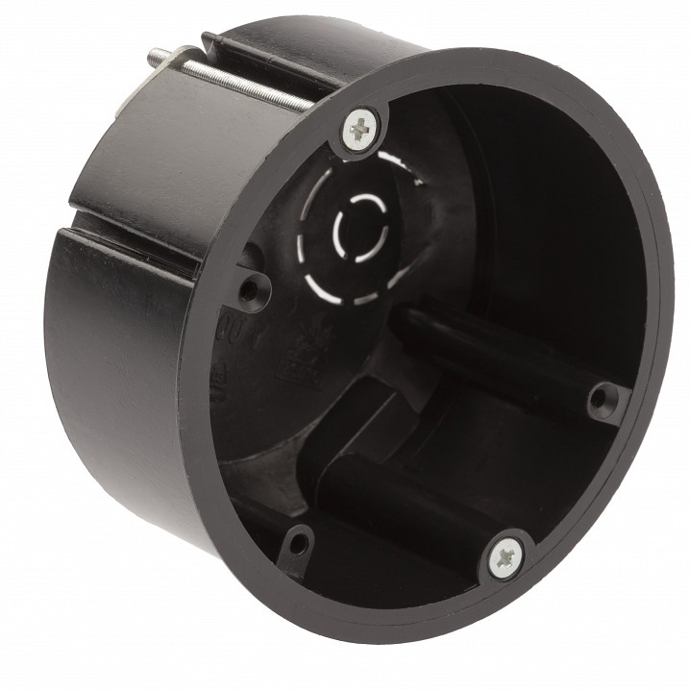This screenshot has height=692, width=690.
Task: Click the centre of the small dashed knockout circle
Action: [356, 227]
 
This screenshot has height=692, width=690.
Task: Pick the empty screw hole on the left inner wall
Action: [254, 285]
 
